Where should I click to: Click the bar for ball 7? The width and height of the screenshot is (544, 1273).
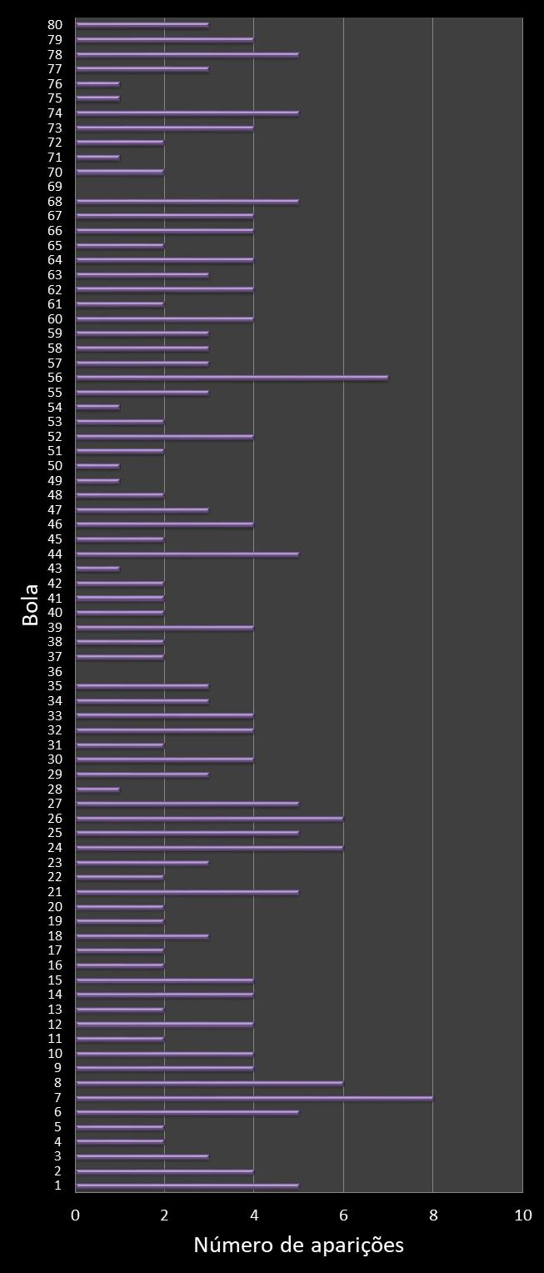click(x=254, y=1098)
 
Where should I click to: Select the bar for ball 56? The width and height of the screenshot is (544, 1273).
click(x=232, y=378)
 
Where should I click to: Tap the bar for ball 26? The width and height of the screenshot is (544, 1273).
click(x=209, y=818)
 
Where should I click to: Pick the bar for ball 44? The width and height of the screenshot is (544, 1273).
click(x=187, y=554)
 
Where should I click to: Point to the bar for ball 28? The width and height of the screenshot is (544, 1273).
click(x=97, y=789)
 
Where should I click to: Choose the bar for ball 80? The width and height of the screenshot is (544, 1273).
click(x=142, y=25)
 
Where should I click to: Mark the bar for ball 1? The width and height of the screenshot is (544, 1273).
click(x=187, y=1185)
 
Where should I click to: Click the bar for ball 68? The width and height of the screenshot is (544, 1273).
click(x=187, y=201)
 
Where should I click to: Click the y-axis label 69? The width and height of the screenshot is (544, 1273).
click(x=56, y=187)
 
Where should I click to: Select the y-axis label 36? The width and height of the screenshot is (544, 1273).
click(x=56, y=671)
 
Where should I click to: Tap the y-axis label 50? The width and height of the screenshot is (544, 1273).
click(x=56, y=466)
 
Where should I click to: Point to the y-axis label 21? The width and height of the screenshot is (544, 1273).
click(x=56, y=892)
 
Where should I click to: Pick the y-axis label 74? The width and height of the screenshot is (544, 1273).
click(x=56, y=113)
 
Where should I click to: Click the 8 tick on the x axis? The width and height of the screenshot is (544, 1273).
click(x=433, y=1215)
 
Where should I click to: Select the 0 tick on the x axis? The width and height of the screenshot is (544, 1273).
click(x=76, y=1215)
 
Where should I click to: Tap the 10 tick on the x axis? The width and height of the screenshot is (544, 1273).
click(x=522, y=1215)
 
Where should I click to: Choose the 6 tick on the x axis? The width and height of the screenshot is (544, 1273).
click(x=343, y=1215)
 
